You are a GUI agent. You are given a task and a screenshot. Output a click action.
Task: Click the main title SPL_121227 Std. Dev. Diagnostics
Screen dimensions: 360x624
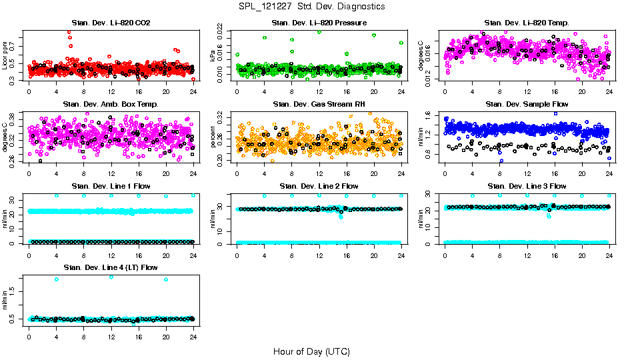point(311,7)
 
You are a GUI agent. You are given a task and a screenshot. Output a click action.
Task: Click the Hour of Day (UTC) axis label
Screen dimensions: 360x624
point(311,351)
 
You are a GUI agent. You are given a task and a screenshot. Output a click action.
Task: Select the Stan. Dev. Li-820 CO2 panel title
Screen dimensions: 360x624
point(111,23)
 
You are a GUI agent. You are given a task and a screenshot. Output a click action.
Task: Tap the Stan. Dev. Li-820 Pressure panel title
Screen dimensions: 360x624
point(319,23)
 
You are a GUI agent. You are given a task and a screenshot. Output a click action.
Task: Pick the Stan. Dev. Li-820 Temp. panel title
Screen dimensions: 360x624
point(526,23)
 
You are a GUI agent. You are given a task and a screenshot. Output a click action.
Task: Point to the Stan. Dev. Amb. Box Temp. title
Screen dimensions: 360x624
point(111,105)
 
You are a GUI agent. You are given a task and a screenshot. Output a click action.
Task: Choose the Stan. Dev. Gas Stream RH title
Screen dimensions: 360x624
point(319,105)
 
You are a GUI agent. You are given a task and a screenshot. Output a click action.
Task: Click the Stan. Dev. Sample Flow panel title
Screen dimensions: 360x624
point(526,105)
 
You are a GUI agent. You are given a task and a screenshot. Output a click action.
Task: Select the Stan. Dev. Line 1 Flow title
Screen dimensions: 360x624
point(111,186)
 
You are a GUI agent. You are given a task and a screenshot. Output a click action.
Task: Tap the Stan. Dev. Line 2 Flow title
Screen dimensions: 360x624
point(319,186)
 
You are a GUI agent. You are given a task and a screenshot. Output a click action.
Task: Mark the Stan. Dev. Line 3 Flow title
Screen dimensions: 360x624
point(526,186)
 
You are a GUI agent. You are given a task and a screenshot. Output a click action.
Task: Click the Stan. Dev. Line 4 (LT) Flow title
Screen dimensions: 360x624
point(111,267)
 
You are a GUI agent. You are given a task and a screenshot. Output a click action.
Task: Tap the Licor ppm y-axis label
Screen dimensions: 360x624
point(5,56)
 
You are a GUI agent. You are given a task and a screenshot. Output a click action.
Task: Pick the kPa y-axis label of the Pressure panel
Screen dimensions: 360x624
point(213,56)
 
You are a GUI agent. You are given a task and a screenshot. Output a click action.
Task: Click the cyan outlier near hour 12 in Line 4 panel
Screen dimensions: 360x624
point(111,277)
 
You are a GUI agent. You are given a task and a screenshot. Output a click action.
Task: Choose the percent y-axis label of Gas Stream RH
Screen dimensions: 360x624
point(213,137)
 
